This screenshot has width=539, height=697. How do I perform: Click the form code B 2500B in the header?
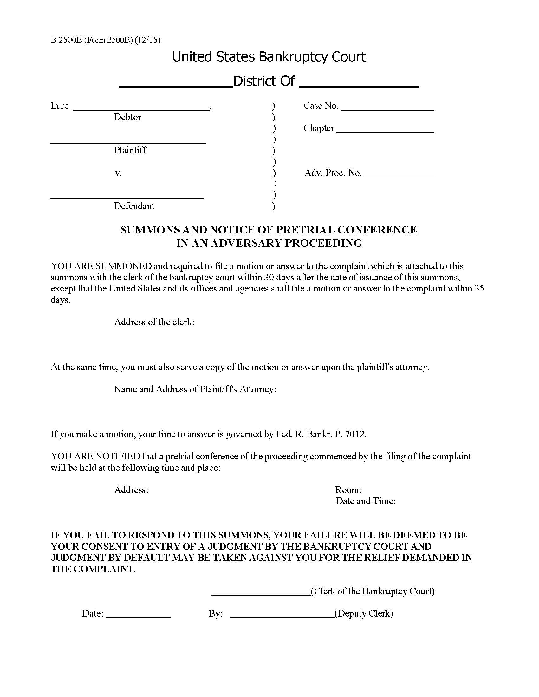[66, 40]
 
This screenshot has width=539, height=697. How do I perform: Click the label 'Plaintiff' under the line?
[130, 150]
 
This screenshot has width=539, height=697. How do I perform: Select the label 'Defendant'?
[134, 206]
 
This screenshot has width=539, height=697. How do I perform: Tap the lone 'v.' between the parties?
[118, 173]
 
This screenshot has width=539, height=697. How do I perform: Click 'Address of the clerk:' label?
[154, 322]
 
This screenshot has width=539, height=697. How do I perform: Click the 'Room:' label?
[348, 490]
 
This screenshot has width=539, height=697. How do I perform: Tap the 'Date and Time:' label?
[365, 501]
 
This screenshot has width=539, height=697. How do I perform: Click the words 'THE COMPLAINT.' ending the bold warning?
[93, 569]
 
